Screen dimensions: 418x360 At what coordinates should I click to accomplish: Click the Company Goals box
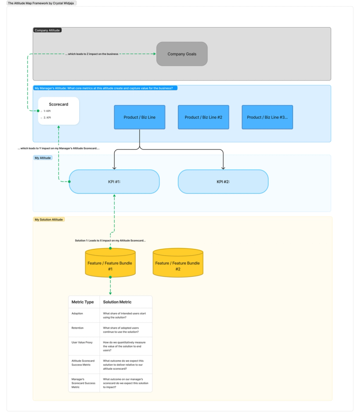[182, 54]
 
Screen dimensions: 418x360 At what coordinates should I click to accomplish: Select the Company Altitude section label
[47, 30]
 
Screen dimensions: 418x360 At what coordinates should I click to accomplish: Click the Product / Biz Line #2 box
[203, 117]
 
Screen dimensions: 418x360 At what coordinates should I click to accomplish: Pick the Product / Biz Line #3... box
[267, 117]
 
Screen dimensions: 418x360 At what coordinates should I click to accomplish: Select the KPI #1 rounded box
[114, 181]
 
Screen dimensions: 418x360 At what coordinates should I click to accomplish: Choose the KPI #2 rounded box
[223, 181]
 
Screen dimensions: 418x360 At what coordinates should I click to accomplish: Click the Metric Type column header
[83, 302]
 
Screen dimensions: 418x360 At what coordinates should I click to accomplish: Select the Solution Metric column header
[117, 302]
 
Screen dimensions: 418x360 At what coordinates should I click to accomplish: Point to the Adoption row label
[77, 313]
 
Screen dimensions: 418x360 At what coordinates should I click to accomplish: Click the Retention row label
[78, 328]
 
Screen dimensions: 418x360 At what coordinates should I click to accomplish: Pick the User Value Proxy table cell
[82, 342]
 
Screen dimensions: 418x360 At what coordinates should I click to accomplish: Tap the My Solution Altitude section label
[49, 220]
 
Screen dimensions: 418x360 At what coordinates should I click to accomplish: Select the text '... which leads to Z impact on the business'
[91, 54]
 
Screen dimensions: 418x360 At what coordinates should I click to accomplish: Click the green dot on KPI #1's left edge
[69, 181]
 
